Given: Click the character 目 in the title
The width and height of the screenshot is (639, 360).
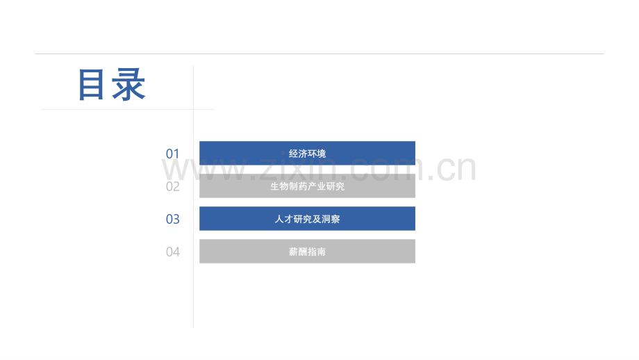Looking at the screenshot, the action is [x=91, y=85].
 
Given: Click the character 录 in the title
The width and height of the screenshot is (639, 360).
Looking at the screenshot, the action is [x=128, y=85].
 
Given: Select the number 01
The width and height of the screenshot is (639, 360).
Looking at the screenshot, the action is [x=173, y=154].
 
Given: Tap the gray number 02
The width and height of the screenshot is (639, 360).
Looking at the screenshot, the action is [x=173, y=186].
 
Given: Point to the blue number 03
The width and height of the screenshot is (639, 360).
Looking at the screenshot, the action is [x=173, y=219].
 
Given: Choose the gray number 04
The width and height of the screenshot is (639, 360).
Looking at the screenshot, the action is [x=173, y=252].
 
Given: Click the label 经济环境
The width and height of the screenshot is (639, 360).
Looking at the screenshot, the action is [x=307, y=154].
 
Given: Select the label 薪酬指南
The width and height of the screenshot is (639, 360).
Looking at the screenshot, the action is [x=307, y=252].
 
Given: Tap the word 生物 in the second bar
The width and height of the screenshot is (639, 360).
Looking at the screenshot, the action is [x=279, y=186].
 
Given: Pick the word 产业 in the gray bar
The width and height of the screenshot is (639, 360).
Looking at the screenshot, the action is [x=317, y=186].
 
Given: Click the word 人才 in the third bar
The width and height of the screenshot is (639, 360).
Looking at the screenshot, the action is [x=284, y=219].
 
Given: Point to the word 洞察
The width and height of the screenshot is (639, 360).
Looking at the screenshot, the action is [x=331, y=219].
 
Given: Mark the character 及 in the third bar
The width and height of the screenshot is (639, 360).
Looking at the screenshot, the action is [x=317, y=219].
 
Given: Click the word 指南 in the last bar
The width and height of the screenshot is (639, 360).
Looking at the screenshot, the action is [x=317, y=252].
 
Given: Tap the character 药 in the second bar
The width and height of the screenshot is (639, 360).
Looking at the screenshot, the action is [x=303, y=186].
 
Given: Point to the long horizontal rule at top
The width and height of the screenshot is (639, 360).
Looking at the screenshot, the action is [x=319, y=54].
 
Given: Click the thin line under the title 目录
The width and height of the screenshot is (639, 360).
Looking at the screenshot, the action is [x=128, y=109].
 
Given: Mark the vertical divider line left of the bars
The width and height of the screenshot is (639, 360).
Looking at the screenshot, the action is [x=193, y=196].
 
